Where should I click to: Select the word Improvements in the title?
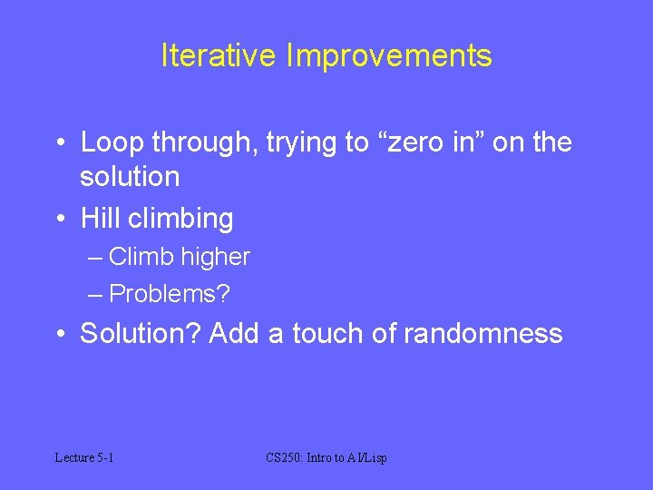[389, 55]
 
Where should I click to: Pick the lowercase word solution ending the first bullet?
[130, 176]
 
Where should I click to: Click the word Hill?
[100, 219]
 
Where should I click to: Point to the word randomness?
[482, 333]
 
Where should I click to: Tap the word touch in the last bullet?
[327, 333]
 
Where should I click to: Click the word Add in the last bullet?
[235, 333]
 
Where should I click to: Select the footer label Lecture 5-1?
[84, 457]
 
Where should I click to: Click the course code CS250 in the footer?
[285, 457]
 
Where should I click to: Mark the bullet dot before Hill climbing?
[59, 219]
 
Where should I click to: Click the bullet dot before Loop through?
[59, 142]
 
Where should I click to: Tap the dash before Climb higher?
[96, 257]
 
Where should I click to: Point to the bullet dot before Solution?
[59, 333]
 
